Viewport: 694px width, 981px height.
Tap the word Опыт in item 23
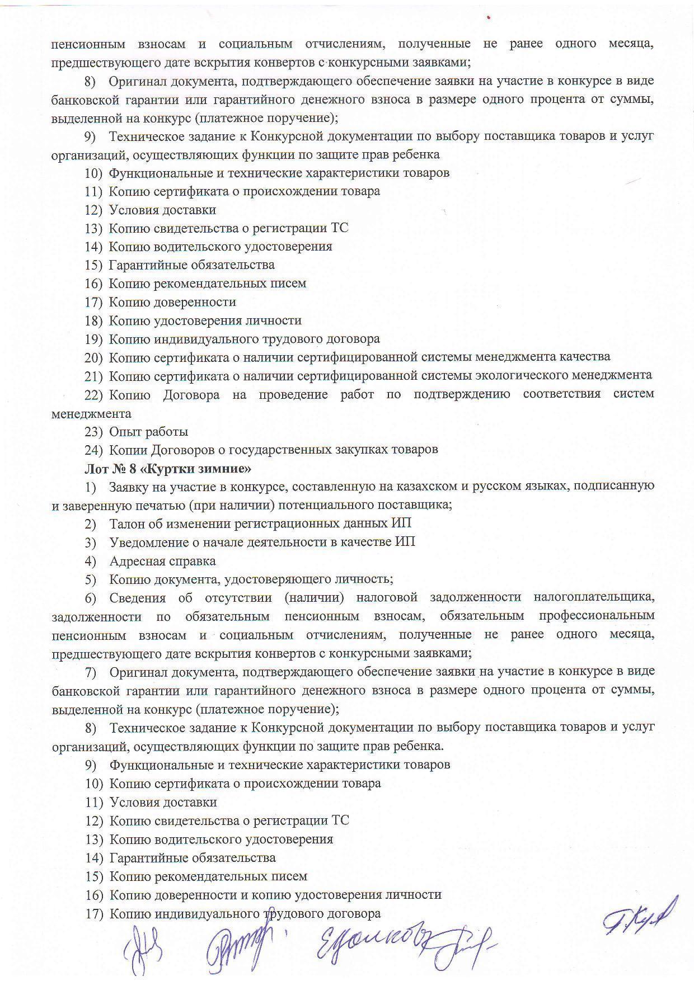pyautogui.click(x=125, y=432)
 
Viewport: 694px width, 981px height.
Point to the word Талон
pyautogui.click(x=128, y=523)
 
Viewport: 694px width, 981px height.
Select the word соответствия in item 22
pyautogui.click(x=561, y=394)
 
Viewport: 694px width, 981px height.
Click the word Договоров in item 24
pyautogui.click(x=176, y=450)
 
